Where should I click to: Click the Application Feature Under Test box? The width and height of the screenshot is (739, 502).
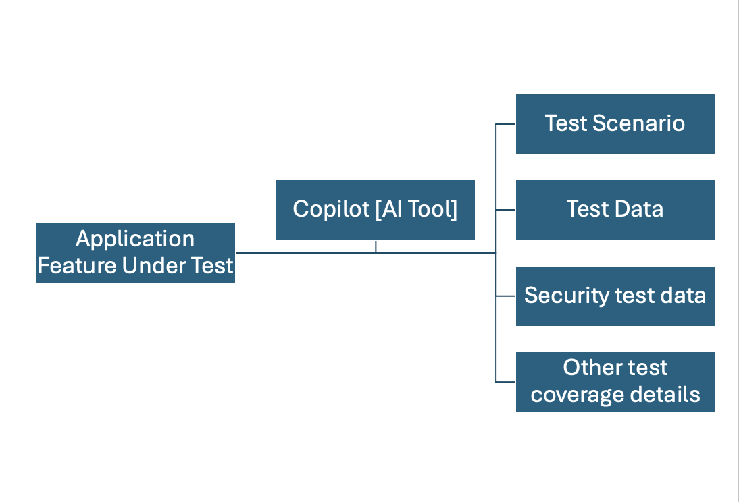pos(135,253)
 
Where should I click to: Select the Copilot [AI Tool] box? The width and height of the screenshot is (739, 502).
pos(375,210)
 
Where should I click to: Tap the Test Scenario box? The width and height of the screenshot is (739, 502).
pos(615,124)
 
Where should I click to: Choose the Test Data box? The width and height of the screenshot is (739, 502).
pos(615,210)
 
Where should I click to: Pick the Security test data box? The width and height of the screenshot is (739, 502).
pos(615,296)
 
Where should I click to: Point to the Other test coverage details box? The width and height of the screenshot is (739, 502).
pos(615,381)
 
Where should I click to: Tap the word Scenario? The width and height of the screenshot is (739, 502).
pos(638,123)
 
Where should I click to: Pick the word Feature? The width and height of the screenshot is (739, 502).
pos(77,266)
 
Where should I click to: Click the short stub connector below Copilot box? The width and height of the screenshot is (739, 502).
pos(376,246)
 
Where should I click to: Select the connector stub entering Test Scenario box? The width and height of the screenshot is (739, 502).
pos(505,124)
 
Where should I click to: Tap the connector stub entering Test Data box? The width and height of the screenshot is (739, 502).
pos(505,210)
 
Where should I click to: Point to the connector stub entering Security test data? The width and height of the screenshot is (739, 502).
pos(505,296)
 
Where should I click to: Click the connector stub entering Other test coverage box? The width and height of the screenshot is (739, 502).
pos(505,381)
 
